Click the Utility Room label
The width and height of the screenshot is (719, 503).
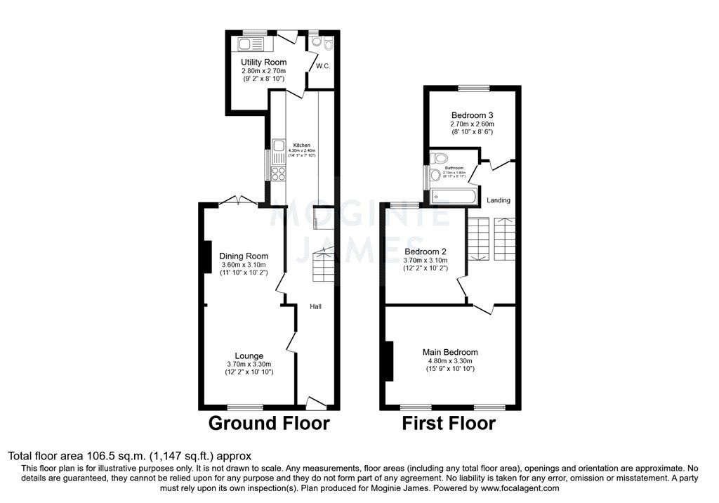point(263,63)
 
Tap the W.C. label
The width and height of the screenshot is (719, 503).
point(322,67)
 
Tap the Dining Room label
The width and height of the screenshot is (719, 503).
point(244,256)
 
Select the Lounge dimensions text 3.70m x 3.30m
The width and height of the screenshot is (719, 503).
point(249,364)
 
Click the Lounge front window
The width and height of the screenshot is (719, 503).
point(244,407)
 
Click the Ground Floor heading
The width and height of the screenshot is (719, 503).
point(269,424)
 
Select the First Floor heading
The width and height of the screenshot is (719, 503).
point(448,424)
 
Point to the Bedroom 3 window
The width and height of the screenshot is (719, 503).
point(474,88)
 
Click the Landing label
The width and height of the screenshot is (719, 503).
point(499,200)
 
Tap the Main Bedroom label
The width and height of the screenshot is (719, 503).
point(450,352)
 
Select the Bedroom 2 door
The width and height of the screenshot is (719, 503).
point(463,288)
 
